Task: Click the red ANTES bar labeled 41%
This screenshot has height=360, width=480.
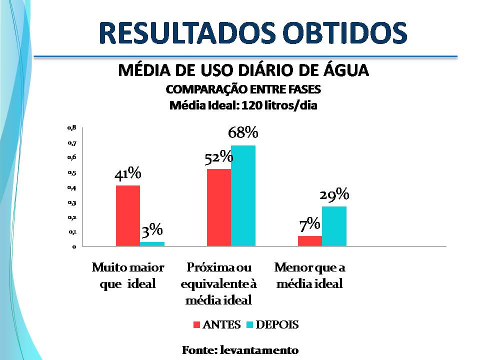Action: point(128,215)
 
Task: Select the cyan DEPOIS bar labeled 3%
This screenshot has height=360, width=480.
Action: point(152,244)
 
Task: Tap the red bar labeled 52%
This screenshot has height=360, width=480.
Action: point(219,207)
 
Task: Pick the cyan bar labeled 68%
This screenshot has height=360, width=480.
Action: point(243,195)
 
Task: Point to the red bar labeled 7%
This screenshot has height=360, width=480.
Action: point(310,241)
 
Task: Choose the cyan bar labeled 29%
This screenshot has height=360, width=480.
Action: point(334,226)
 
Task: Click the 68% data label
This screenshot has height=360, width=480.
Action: point(243,133)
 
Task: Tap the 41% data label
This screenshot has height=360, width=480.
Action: point(128,173)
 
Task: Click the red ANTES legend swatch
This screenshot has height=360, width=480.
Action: point(196,325)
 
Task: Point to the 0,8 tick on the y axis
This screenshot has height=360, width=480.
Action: point(71,128)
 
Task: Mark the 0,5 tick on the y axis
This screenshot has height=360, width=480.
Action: point(71,173)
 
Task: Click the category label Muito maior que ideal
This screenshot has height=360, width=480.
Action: point(128,275)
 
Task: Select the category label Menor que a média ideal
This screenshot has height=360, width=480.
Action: point(310,275)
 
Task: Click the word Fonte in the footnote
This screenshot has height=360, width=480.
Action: point(198,349)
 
